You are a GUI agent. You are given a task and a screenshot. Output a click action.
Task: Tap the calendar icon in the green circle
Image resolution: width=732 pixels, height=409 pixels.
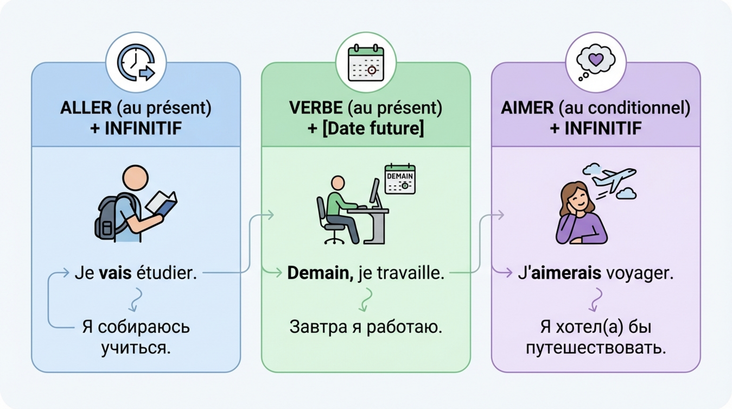(366, 64)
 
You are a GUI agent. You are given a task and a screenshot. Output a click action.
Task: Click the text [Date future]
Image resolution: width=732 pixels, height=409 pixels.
(373, 129)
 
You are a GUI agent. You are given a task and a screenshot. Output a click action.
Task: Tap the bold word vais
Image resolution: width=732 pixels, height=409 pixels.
(116, 273)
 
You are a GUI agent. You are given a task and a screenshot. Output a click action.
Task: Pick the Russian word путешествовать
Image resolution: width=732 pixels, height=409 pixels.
(596, 348)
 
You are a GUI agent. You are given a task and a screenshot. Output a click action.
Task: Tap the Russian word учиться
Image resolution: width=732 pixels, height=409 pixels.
(136, 348)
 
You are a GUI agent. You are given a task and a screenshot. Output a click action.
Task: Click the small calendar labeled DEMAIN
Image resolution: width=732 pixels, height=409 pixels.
(400, 179)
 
